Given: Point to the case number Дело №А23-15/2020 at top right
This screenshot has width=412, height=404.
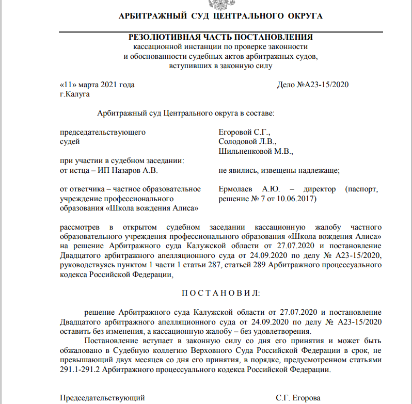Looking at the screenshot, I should [x=313, y=85].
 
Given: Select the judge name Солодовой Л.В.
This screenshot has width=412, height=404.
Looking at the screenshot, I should [x=248, y=141].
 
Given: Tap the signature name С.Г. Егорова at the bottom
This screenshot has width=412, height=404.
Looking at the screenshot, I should [x=298, y=398].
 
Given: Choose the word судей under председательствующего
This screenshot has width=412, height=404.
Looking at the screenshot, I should [x=70, y=141].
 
